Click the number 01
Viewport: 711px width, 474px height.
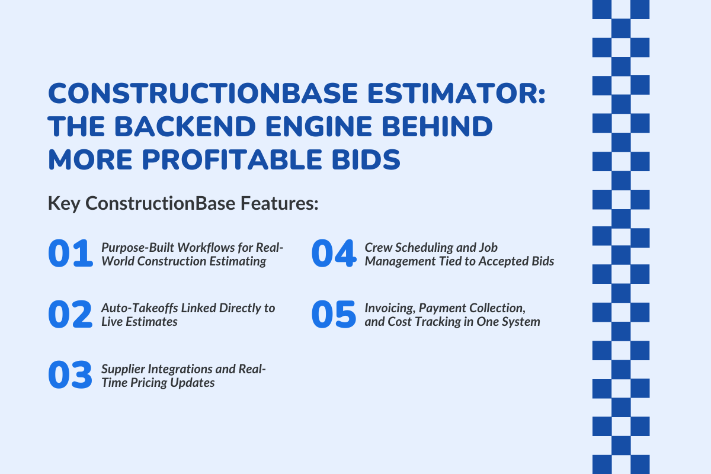(70, 254)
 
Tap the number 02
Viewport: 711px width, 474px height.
(70, 315)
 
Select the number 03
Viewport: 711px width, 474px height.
(70, 376)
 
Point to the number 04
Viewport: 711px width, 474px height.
(333, 254)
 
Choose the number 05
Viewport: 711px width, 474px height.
(333, 315)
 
